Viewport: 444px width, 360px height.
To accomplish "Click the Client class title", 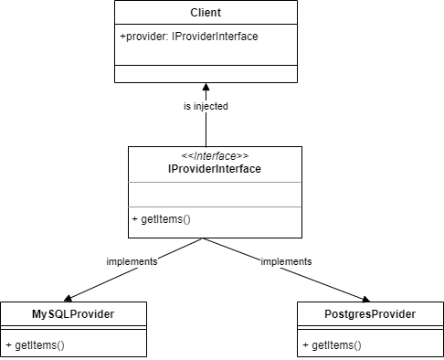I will tap(206, 14).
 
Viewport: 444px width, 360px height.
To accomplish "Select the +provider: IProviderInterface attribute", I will tap(189, 37).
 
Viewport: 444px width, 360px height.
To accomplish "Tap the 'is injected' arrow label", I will tap(206, 106).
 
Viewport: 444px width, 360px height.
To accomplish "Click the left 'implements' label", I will tap(132, 261).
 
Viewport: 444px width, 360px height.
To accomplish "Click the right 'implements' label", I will tap(286, 261).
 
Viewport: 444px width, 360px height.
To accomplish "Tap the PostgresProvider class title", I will tap(370, 314).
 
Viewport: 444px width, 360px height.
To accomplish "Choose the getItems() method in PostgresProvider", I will tap(332, 345).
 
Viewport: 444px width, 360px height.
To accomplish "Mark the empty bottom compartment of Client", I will tap(206, 75).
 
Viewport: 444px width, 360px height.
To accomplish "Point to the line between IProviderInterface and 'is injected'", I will tap(206, 130).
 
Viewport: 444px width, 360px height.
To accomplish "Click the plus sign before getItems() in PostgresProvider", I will tap(305, 345).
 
